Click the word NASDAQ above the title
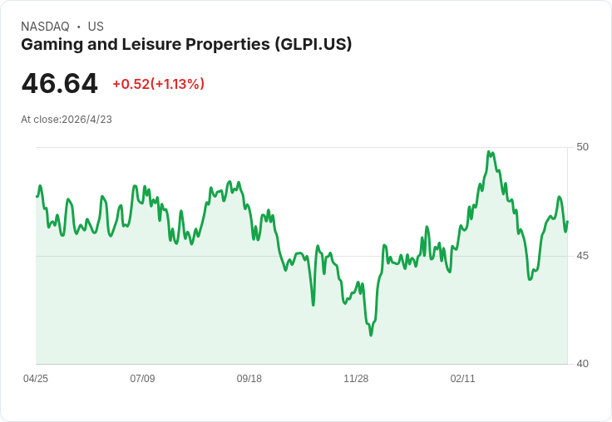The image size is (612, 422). pyautogui.click(x=45, y=27)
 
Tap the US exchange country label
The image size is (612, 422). pyautogui.click(x=96, y=27)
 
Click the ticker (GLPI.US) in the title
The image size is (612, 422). pyautogui.click(x=313, y=44)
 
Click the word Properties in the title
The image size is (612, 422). pyautogui.click(x=228, y=45)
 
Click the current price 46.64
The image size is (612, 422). pyautogui.click(x=59, y=83)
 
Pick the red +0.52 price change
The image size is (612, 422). pyautogui.click(x=131, y=84)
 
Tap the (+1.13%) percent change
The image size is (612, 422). pyautogui.click(x=177, y=84)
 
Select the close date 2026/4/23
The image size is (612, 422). pyautogui.click(x=86, y=120)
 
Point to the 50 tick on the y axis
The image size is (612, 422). pyautogui.click(x=582, y=147)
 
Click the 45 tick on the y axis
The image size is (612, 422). pyautogui.click(x=582, y=256)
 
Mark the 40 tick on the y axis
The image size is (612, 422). pyautogui.click(x=582, y=364)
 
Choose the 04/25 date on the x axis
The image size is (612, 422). pyautogui.click(x=36, y=379)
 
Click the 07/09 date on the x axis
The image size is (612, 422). pyautogui.click(x=142, y=379)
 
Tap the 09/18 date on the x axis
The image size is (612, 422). pyautogui.click(x=249, y=379)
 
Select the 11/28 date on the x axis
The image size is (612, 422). pyautogui.click(x=356, y=379)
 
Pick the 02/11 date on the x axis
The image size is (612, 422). pyautogui.click(x=462, y=379)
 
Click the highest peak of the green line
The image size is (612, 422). pyautogui.click(x=488, y=152)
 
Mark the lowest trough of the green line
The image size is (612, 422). pyautogui.click(x=371, y=335)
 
